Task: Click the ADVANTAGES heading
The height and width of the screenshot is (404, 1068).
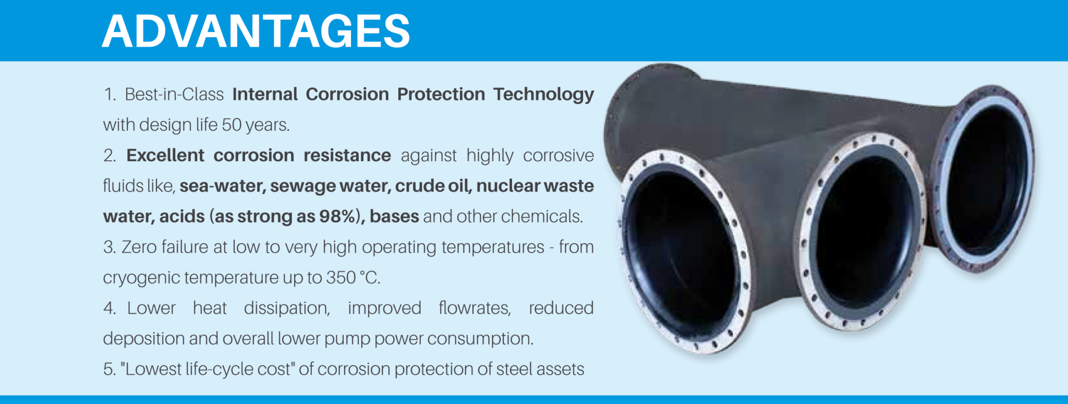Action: click(256, 31)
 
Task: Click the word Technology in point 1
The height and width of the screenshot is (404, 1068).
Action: click(543, 94)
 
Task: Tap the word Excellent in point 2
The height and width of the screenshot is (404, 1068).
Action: click(165, 156)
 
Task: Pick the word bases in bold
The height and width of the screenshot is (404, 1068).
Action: click(394, 217)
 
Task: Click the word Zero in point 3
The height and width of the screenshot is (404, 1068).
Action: click(139, 247)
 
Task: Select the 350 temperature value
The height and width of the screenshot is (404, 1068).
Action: click(341, 278)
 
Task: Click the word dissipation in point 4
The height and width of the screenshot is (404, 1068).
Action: click(287, 308)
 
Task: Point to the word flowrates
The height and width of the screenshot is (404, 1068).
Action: click(475, 308)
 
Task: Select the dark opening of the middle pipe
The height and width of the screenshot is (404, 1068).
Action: click(860, 230)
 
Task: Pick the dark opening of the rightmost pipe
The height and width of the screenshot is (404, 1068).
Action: click(983, 177)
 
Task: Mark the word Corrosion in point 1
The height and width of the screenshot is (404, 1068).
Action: click(347, 94)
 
